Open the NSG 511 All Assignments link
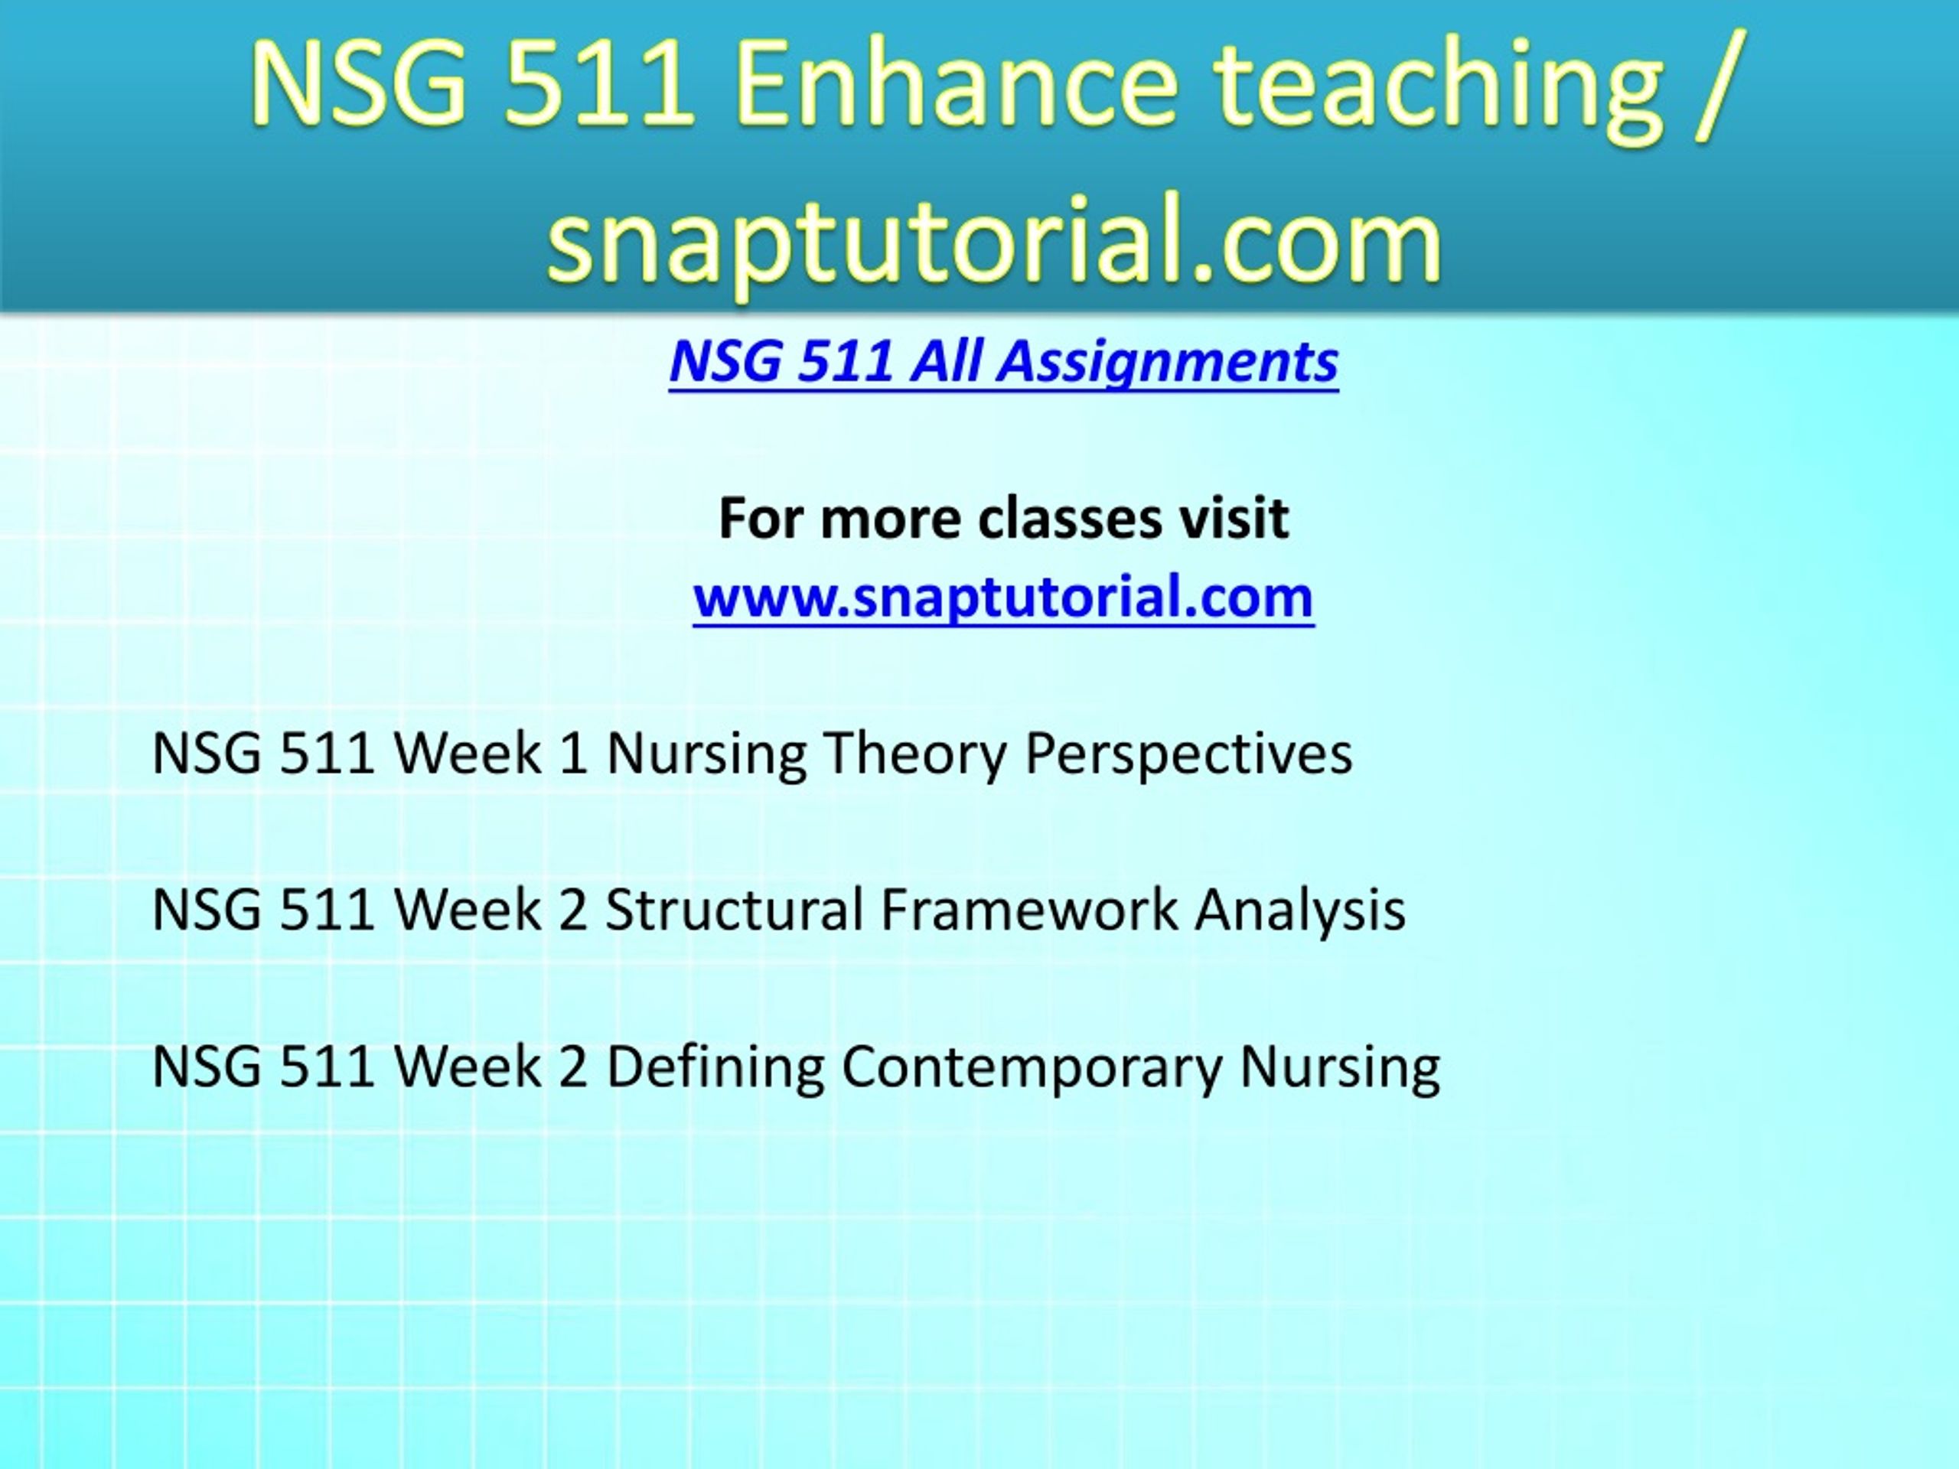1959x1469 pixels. [1003, 362]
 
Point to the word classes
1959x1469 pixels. [1069, 518]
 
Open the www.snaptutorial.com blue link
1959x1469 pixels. [1003, 597]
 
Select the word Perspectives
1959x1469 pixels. [1188, 755]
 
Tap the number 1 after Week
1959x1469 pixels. [574, 754]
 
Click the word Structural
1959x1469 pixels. [733, 910]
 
